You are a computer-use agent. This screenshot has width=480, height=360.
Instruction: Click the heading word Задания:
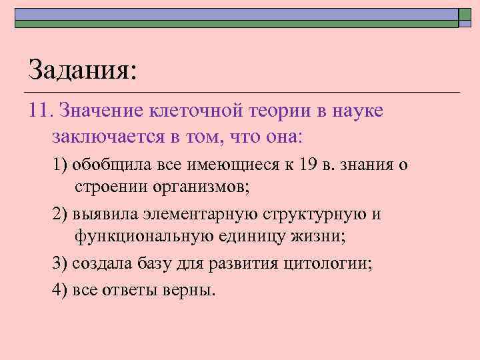pyautogui.click(x=82, y=69)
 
